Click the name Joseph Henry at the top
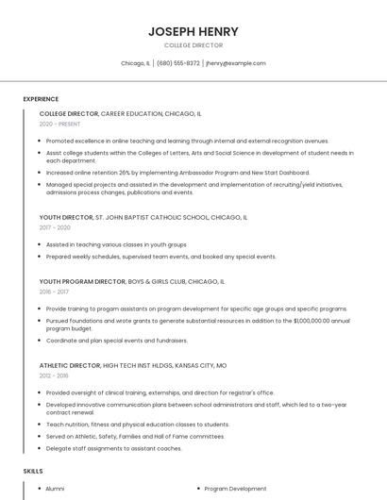click(x=193, y=31)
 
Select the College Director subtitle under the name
click(x=193, y=45)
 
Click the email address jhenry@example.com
click(x=236, y=63)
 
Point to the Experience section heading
click(x=41, y=99)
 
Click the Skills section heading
click(x=33, y=470)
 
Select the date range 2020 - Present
click(x=59, y=124)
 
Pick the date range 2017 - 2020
click(x=55, y=227)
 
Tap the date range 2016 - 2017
click(x=55, y=292)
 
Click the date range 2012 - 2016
click(x=55, y=375)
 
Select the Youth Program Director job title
click(x=82, y=281)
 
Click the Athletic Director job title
click(x=68, y=364)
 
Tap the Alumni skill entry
click(x=56, y=489)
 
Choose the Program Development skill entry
click(x=235, y=489)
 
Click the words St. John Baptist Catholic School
click(x=141, y=217)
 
